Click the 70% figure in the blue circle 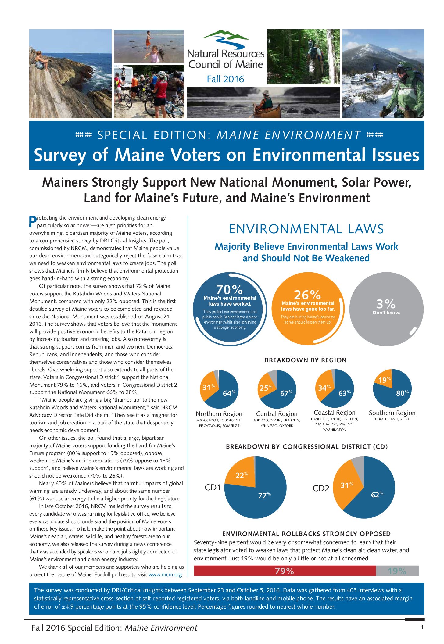(x=229, y=289)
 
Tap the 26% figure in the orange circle (x=307, y=295)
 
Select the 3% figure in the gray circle (x=386, y=304)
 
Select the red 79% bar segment (x=284, y=571)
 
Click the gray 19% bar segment (x=397, y=571)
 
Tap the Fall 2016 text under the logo (x=225, y=79)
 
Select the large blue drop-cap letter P (x=33, y=222)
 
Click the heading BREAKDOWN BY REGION (x=306, y=360)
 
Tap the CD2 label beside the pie (x=321, y=488)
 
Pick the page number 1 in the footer (x=422, y=628)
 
